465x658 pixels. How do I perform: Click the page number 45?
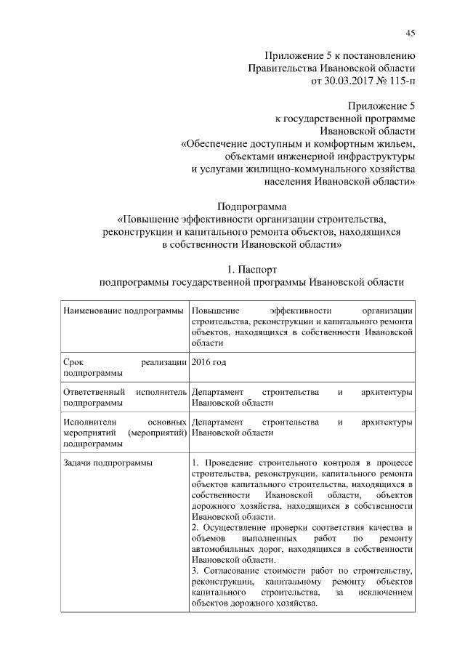click(410, 33)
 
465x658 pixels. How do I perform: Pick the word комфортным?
click(333, 143)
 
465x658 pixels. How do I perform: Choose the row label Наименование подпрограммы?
click(124, 310)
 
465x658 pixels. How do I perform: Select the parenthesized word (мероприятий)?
click(157, 433)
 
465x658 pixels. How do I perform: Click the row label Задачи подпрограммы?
click(108, 462)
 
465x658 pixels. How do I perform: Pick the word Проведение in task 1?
click(228, 462)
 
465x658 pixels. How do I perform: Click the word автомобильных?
click(225, 549)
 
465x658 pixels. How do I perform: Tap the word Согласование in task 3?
click(233, 571)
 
